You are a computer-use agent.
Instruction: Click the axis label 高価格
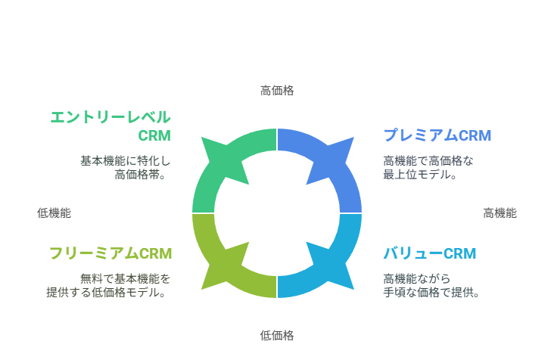click(277, 91)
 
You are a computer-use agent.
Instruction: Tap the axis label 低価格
click(277, 335)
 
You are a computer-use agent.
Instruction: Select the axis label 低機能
click(54, 213)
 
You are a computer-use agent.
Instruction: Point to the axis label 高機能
click(500, 213)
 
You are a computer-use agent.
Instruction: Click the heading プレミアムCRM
click(437, 135)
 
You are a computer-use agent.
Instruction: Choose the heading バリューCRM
click(430, 253)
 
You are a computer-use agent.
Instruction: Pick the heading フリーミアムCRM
click(110, 253)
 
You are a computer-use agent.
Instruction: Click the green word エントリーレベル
click(110, 117)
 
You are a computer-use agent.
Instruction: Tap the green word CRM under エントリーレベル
click(154, 136)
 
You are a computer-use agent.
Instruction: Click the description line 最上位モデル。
click(421, 175)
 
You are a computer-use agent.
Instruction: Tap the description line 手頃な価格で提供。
click(431, 292)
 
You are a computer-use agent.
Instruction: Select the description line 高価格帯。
click(141, 175)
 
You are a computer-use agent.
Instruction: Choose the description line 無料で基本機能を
click(126, 279)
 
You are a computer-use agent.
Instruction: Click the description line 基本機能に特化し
click(126, 161)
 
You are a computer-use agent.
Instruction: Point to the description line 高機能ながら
click(417, 279)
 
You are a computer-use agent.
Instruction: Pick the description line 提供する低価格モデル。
click(106, 292)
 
